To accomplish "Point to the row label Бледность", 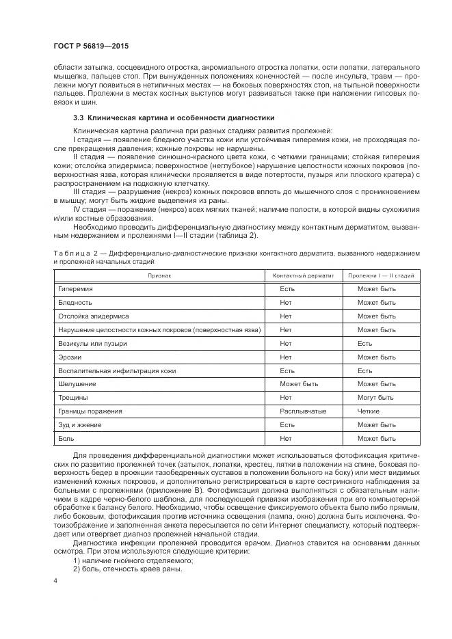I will (75, 302).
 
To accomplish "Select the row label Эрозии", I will (70, 357).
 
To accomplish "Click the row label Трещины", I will (72, 398).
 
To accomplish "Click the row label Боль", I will (67, 439).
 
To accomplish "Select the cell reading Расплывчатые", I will (303, 411).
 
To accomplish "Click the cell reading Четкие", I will (368, 411).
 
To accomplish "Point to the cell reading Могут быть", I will (375, 398).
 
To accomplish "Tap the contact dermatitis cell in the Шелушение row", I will (299, 384).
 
